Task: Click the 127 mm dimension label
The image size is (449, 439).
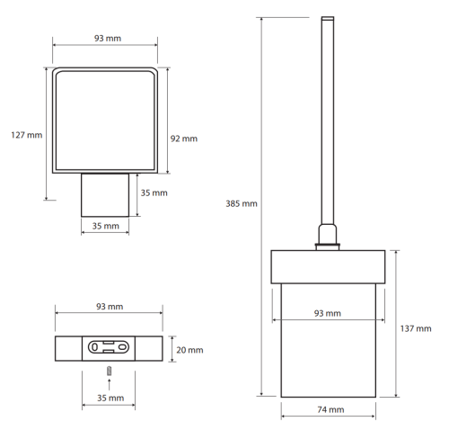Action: [27, 135]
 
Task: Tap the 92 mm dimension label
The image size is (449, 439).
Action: [184, 139]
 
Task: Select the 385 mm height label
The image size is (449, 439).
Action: [242, 203]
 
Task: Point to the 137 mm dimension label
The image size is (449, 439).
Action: [416, 328]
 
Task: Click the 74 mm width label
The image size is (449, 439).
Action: [330, 409]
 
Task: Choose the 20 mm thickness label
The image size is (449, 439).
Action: [189, 350]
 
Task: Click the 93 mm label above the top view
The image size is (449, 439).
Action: [108, 39]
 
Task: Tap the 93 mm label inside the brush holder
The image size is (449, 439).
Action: [328, 313]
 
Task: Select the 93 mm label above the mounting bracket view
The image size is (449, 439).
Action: [110, 307]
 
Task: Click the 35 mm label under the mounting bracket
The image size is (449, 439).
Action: [110, 398]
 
